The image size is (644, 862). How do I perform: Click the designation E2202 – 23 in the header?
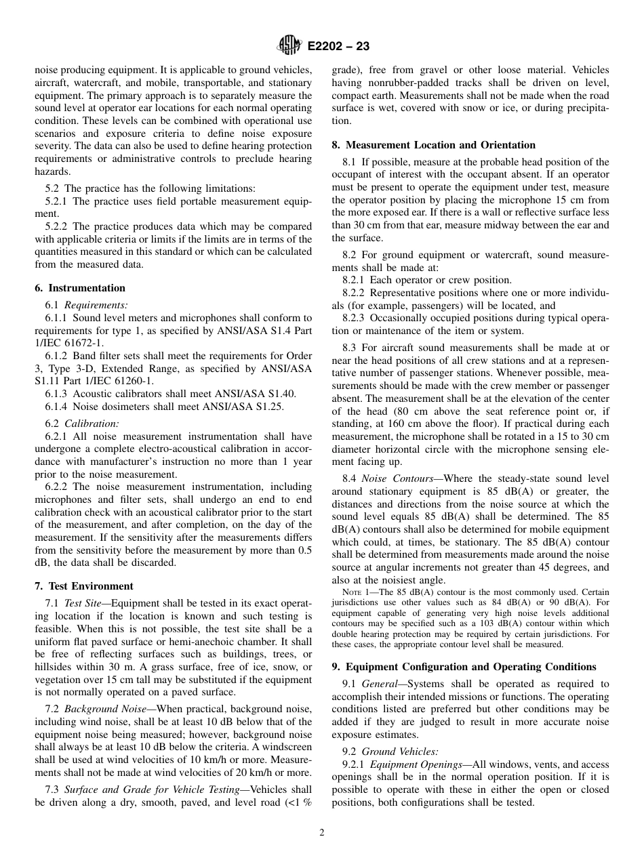338,47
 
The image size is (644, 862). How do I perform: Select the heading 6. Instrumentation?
79,288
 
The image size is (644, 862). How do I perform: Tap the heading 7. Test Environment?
83,586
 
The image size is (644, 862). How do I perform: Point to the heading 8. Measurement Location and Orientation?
433,145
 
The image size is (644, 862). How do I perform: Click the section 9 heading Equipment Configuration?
470,667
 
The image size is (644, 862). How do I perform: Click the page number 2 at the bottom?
322,833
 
